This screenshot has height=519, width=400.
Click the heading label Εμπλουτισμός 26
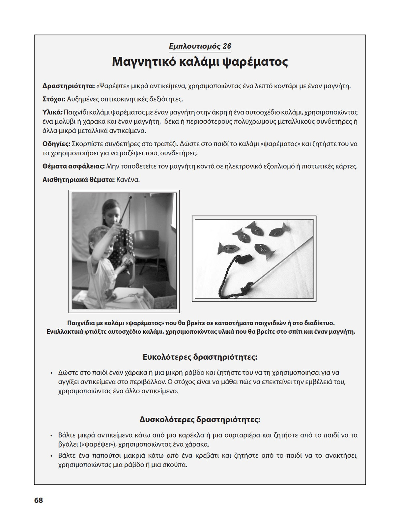(x=200, y=46)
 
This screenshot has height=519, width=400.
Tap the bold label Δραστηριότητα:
(x=69, y=86)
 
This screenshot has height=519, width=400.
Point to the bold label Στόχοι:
(x=54, y=99)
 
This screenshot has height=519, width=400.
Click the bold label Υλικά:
(x=52, y=112)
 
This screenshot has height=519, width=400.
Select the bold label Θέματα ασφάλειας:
(x=73, y=167)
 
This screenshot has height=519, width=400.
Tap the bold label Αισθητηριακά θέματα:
(x=78, y=180)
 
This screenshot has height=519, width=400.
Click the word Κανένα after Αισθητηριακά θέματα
(x=128, y=180)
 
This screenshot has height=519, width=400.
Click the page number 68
(x=39, y=500)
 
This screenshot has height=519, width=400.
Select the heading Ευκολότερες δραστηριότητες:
(x=200, y=357)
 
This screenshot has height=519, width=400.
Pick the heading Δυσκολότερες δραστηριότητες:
(x=200, y=420)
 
